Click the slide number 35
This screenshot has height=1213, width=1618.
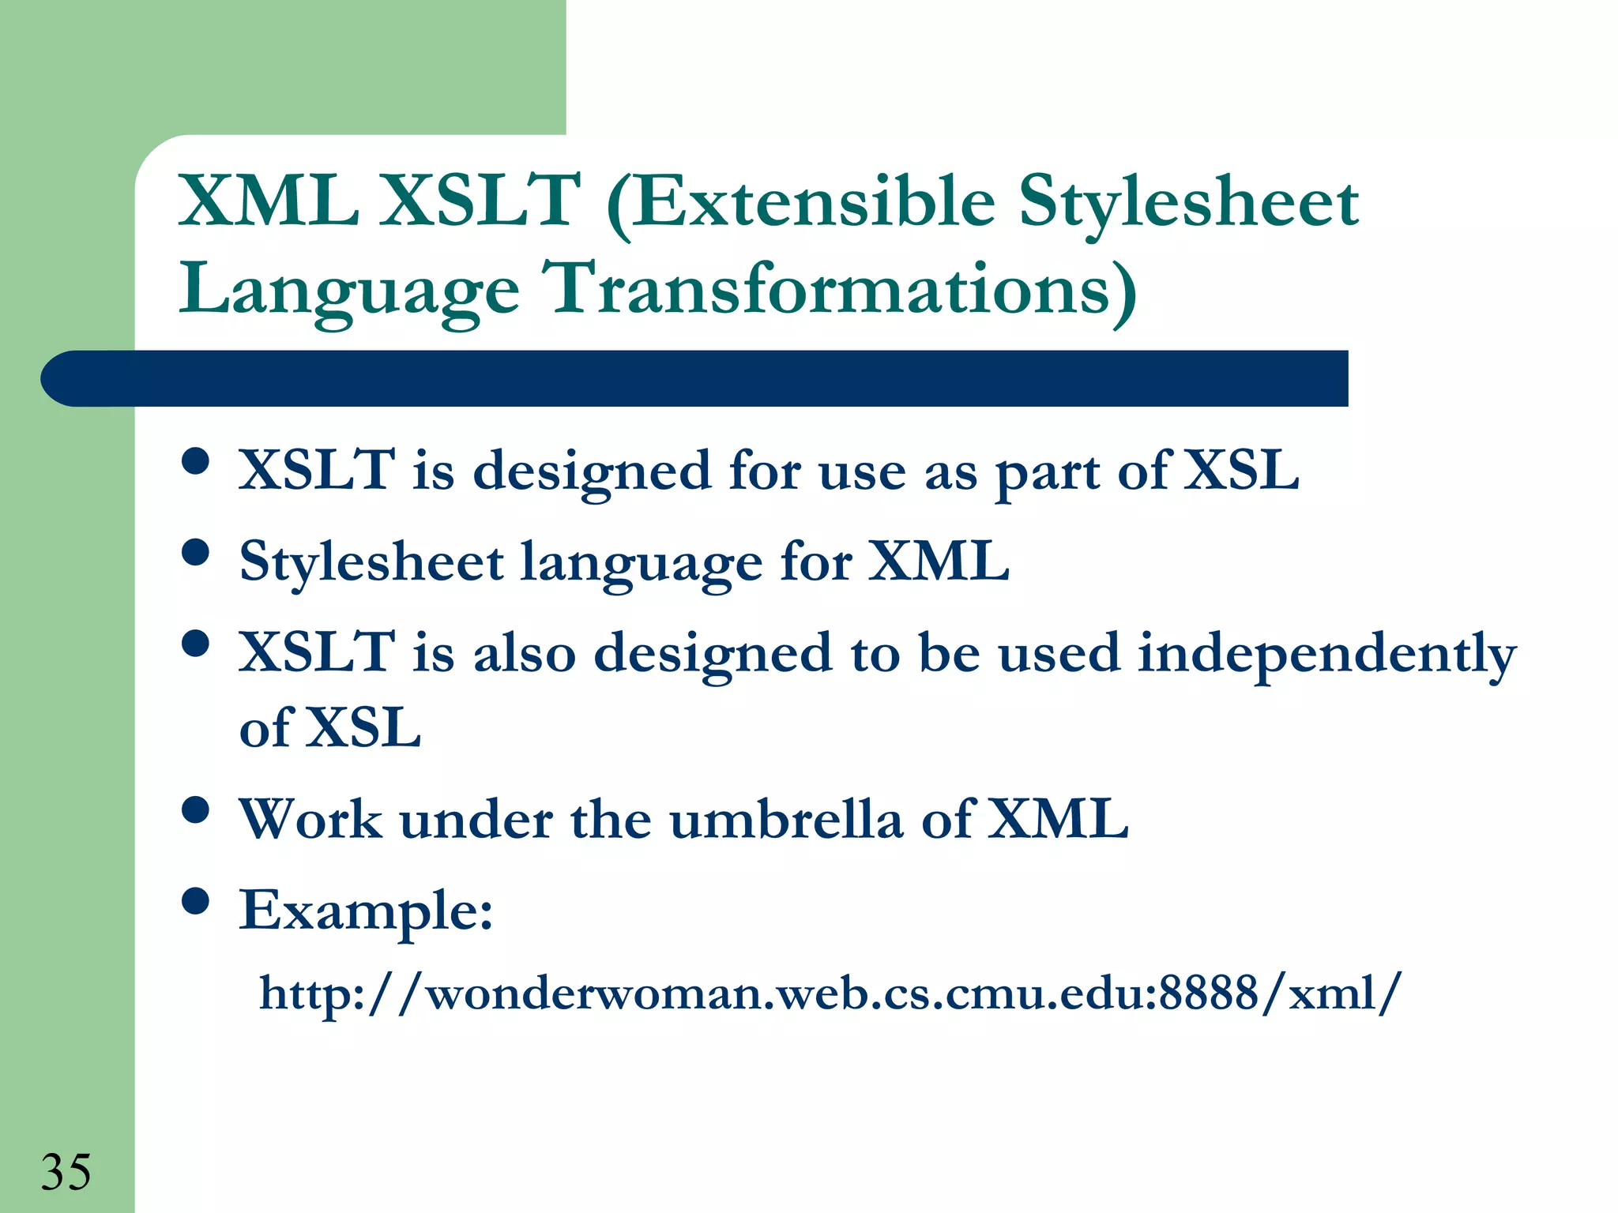(66, 1171)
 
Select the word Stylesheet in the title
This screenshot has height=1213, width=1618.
(1188, 203)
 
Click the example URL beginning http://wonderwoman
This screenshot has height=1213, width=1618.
(830, 993)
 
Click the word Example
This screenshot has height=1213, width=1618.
(366, 911)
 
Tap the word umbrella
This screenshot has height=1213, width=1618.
(785, 819)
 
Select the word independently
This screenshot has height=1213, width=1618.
(1326, 655)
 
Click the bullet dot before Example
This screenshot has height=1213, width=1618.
(195, 900)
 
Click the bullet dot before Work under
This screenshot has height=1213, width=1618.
(195, 809)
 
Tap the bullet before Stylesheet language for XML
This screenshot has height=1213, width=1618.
(195, 552)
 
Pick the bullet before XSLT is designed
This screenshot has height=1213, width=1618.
(195, 460)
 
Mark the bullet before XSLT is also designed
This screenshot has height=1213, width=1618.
(195, 643)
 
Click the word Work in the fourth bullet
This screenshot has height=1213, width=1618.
(310, 819)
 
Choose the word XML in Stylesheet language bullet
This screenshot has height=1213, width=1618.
(939, 561)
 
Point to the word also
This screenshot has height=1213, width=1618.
(525, 653)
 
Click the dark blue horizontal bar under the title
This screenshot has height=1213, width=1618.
(695, 378)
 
